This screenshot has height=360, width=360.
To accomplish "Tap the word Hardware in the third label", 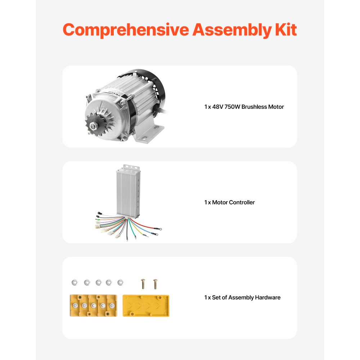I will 267,298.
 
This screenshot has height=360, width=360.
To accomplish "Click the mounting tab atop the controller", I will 130,167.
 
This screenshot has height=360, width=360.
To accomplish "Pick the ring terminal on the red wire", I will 158,228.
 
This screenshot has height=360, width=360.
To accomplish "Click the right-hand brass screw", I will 155,284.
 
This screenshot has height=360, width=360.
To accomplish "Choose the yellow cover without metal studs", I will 146,306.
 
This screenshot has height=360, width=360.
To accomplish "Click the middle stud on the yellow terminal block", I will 94,306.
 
